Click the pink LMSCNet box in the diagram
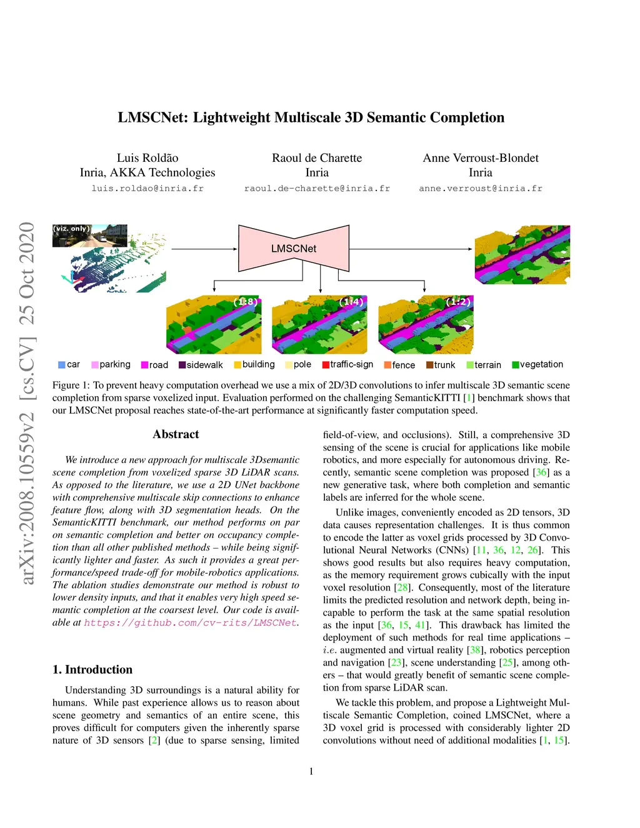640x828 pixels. coord(294,249)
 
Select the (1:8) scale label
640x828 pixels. coord(246,302)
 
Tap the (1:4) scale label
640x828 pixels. coord(351,302)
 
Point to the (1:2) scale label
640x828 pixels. coord(457,302)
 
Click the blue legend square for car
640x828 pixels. coord(62,365)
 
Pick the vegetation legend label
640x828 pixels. coord(541,364)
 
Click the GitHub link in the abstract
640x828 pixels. coord(190,622)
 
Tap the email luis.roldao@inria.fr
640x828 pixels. coord(147,188)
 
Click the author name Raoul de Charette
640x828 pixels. coord(317,158)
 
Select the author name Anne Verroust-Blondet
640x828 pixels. coord(481,158)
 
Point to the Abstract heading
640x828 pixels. coord(176,434)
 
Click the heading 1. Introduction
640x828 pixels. coord(92,669)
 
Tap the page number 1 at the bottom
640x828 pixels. coord(311,771)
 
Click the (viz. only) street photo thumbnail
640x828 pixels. coord(89,236)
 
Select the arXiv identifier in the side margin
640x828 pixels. coord(27,403)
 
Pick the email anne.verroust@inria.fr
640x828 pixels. coord(481,188)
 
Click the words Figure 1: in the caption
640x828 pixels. coord(71,385)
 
